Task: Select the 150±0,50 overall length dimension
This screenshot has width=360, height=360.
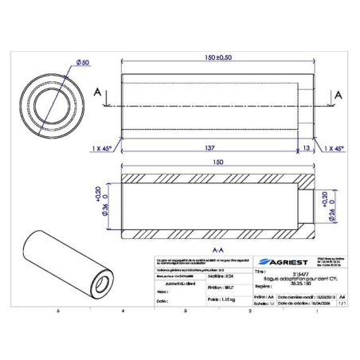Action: (217, 58)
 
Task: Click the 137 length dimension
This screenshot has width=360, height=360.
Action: (211, 148)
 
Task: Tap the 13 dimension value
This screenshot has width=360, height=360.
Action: (307, 148)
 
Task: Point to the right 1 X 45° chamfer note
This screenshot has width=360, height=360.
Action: (335, 148)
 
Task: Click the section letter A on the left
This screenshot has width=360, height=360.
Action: (96, 94)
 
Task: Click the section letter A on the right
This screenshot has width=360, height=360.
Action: (338, 94)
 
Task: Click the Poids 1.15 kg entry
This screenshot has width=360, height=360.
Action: (212, 302)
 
